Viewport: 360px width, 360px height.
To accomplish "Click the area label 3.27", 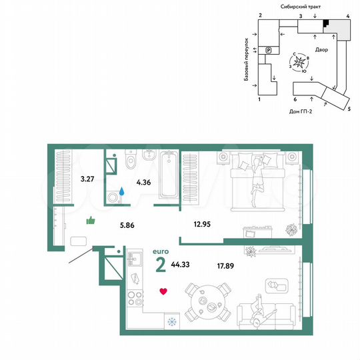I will pyautogui.click(x=87, y=179).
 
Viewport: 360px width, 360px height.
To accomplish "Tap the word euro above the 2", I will pyautogui.click(x=161, y=250).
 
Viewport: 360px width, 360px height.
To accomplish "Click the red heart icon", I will pyautogui.click(x=162, y=291).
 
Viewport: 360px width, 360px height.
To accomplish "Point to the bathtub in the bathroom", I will pyautogui.click(x=167, y=174).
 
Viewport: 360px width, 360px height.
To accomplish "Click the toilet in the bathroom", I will pyautogui.click(x=131, y=161).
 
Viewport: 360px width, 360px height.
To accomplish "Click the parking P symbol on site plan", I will pyautogui.click(x=268, y=49).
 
